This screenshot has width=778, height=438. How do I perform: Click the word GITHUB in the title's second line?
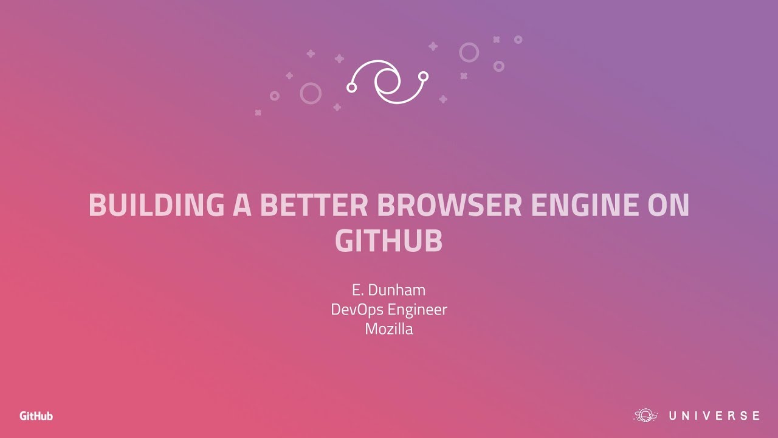[389, 241]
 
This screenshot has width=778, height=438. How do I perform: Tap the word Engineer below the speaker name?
[417, 310]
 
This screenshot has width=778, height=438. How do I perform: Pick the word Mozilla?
[389, 329]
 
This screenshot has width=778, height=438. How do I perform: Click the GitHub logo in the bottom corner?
[36, 416]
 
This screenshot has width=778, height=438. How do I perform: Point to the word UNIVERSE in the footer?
[714, 416]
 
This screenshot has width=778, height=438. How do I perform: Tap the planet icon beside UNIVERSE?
[645, 415]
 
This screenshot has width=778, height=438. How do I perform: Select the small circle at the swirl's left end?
[351, 88]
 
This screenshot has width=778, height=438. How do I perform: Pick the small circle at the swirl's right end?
[424, 76]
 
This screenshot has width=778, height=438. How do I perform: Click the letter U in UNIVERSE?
[673, 416]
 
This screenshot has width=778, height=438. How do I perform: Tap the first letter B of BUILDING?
[97, 205]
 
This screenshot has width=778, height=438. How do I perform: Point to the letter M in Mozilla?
[371, 329]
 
